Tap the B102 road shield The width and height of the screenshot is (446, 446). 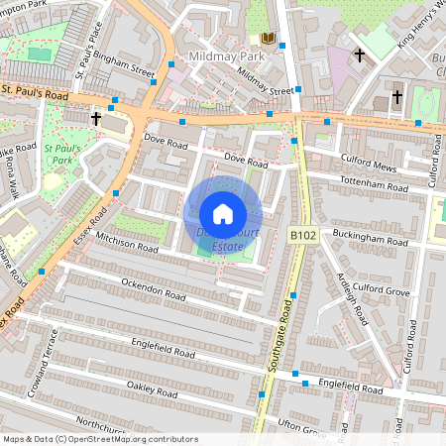point(302,234)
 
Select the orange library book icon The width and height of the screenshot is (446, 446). point(267,38)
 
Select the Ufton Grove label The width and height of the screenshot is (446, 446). point(302,427)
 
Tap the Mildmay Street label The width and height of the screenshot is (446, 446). point(268,90)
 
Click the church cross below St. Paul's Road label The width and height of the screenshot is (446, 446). point(96,118)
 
